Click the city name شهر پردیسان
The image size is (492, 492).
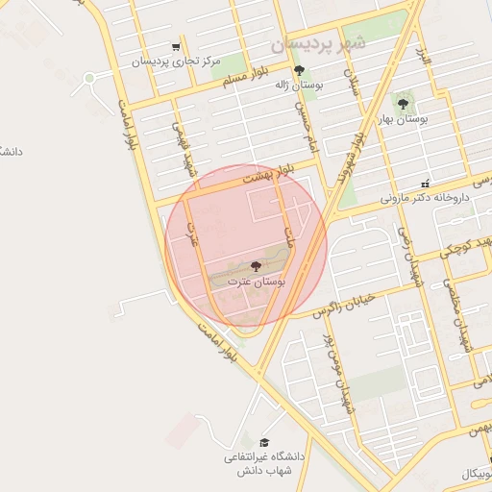point(319,44)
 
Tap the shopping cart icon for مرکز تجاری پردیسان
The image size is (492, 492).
point(175,46)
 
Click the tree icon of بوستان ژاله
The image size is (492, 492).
point(299,70)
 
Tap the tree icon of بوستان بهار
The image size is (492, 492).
point(403,103)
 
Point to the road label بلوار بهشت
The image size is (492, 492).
point(265,176)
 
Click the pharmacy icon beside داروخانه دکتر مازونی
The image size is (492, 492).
point(426,183)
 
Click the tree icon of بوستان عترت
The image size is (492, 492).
point(255,265)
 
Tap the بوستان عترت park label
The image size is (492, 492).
point(253,282)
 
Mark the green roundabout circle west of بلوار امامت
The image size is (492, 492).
point(89,78)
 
